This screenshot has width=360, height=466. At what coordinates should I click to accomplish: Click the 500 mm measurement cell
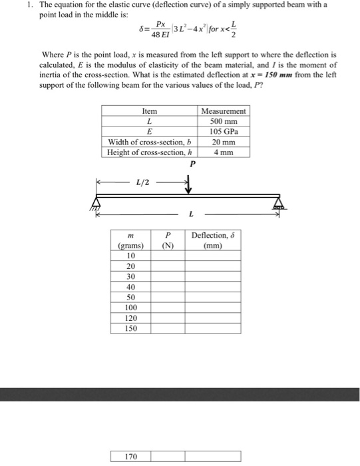click(x=224, y=122)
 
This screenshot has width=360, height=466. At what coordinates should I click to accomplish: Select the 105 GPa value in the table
click(x=224, y=132)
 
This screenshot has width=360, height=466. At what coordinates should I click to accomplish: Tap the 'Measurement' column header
click(x=224, y=111)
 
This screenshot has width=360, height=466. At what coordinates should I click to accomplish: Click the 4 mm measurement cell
click(x=224, y=152)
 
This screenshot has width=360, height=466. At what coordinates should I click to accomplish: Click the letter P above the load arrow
click(x=193, y=164)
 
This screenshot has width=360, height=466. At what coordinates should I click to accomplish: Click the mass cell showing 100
click(x=130, y=308)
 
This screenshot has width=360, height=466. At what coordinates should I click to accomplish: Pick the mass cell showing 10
click(x=130, y=256)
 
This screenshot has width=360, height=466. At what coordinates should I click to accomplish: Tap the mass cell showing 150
click(x=130, y=328)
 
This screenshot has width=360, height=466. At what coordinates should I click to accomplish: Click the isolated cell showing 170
click(x=130, y=457)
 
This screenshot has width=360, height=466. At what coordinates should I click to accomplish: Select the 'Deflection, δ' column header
click(x=213, y=240)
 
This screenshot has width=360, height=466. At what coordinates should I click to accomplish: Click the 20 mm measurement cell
click(x=224, y=142)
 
